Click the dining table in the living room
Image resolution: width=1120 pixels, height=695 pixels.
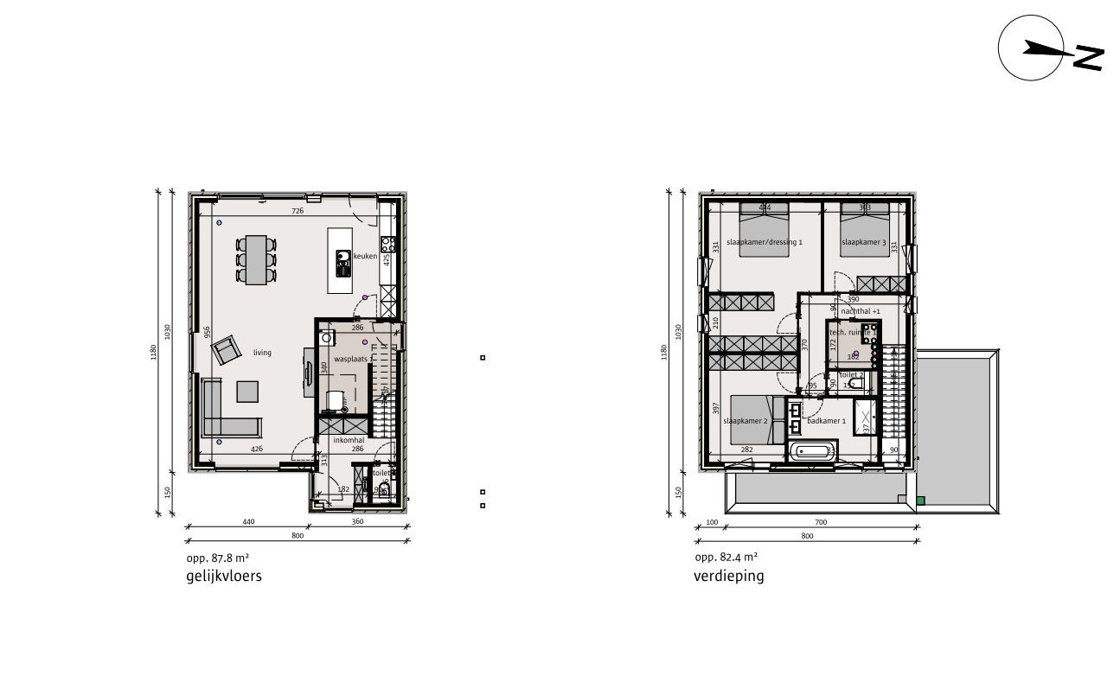(x=256, y=259)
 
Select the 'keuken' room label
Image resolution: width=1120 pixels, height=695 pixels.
(x=366, y=257)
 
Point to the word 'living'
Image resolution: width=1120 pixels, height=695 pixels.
(x=262, y=353)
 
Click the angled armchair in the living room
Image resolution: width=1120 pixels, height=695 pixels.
(x=227, y=349)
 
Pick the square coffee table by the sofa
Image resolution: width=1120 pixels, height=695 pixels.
(x=246, y=392)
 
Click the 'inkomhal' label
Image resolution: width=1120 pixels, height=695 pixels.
(x=347, y=439)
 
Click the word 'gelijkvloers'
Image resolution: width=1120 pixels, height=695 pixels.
(x=223, y=577)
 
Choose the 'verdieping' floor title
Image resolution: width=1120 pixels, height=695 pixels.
(x=729, y=577)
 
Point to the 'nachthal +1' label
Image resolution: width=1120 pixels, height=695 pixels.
(x=860, y=310)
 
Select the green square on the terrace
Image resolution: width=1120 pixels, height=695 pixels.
(x=921, y=500)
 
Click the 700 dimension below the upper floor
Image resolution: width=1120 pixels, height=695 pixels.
(x=821, y=523)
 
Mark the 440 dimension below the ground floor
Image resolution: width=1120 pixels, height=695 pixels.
(x=248, y=522)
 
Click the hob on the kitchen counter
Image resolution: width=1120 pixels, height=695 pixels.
(x=387, y=243)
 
